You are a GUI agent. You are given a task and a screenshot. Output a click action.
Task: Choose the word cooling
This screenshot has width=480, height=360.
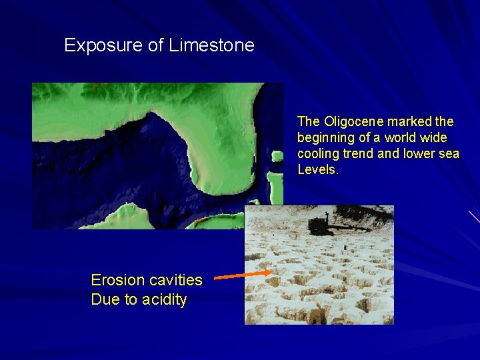[x=319, y=154]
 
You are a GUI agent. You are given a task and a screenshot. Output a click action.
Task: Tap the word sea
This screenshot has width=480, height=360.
[x=449, y=154]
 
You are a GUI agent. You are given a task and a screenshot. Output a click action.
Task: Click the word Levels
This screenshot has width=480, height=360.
[x=317, y=170]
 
